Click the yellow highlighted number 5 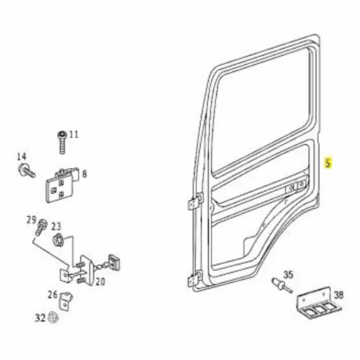(328, 163)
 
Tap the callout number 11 (74, 135)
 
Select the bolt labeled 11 (62, 142)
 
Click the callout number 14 (22, 157)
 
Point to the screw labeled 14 (27, 170)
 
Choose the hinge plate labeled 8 (62, 185)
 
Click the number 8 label (84, 174)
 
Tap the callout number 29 (32, 220)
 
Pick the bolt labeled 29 (41, 227)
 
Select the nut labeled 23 (58, 240)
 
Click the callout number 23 (56, 226)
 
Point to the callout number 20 (101, 282)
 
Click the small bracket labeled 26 (66, 301)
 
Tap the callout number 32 (40, 318)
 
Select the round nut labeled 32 (53, 318)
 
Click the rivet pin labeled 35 (282, 285)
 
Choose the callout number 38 (338, 295)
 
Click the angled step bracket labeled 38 (319, 304)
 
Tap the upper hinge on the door (195, 202)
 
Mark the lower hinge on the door (194, 279)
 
